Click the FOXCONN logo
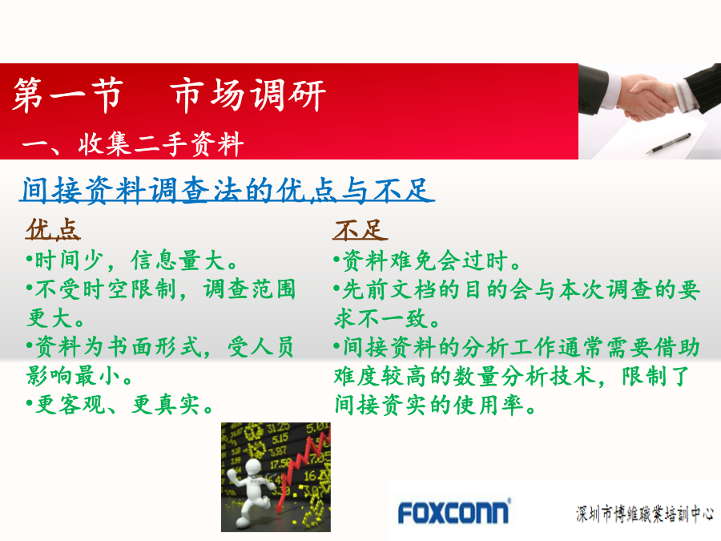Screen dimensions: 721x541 click(x=453, y=511)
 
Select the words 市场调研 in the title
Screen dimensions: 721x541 click(x=248, y=95)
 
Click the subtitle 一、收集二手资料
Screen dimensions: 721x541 click(x=133, y=144)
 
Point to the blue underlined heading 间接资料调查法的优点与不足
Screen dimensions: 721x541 click(x=227, y=189)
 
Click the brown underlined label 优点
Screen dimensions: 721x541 click(x=53, y=229)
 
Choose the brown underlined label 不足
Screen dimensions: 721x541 click(x=360, y=229)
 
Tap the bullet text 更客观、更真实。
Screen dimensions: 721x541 click(x=119, y=405)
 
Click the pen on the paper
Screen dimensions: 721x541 click(x=668, y=143)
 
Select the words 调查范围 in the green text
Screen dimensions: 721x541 click(x=250, y=289)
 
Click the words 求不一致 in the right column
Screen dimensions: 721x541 click(x=381, y=318)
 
